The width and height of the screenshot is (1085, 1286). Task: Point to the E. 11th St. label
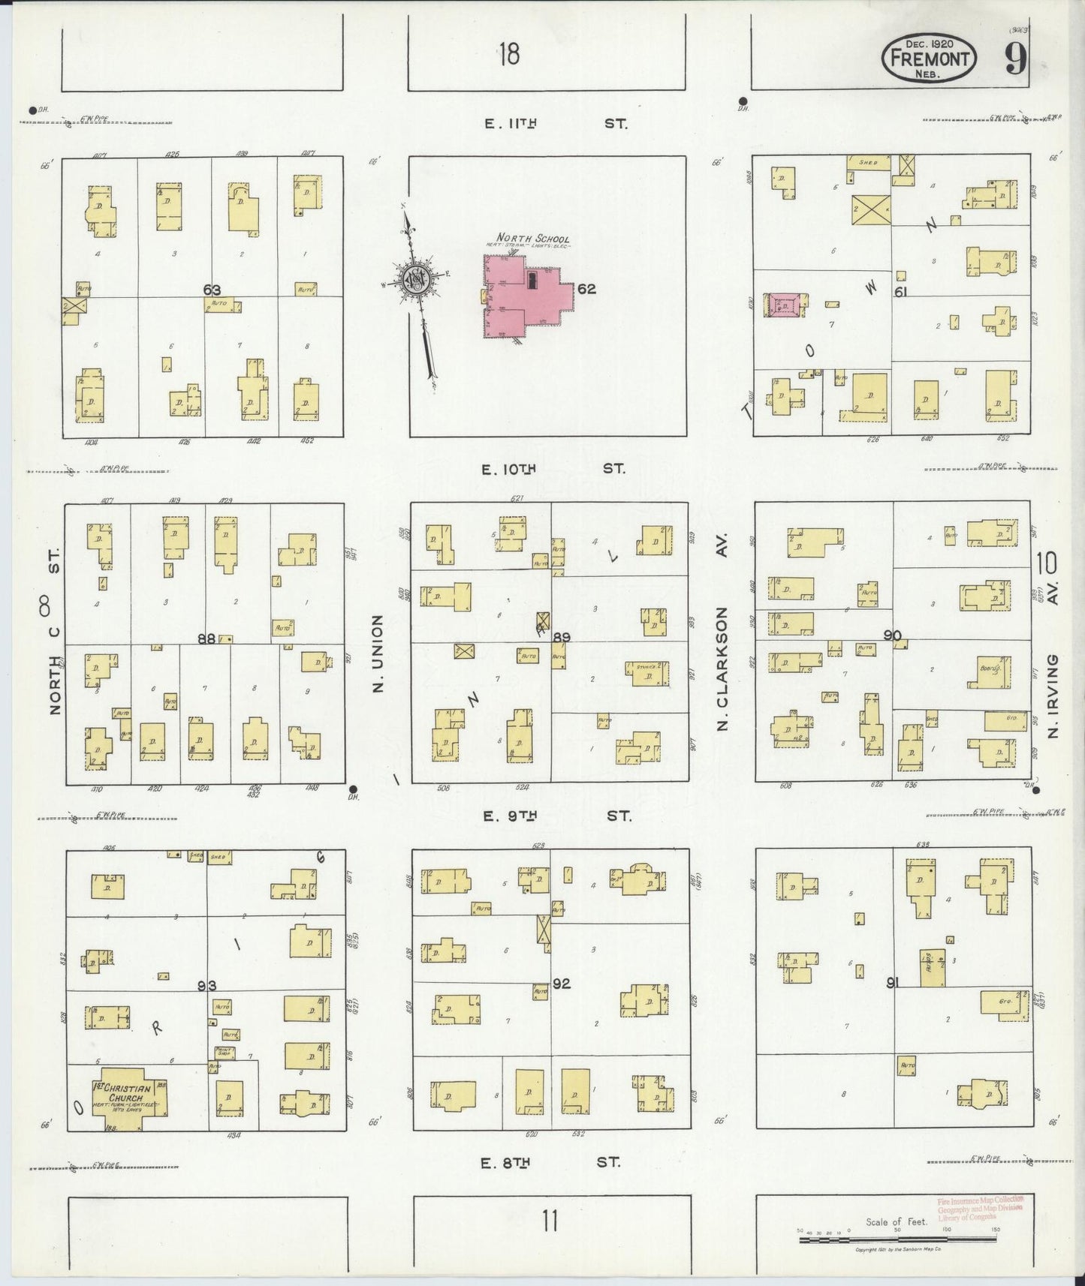pos(555,124)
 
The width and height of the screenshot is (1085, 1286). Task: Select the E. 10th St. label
pos(554,469)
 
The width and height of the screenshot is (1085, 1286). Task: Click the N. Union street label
pos(378,652)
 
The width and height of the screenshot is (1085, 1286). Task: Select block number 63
pos(212,289)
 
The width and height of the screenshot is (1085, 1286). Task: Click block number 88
pos(206,638)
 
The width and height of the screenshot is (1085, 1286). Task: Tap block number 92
pos(562,983)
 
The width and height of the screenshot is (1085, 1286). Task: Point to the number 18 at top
pos(508,54)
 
